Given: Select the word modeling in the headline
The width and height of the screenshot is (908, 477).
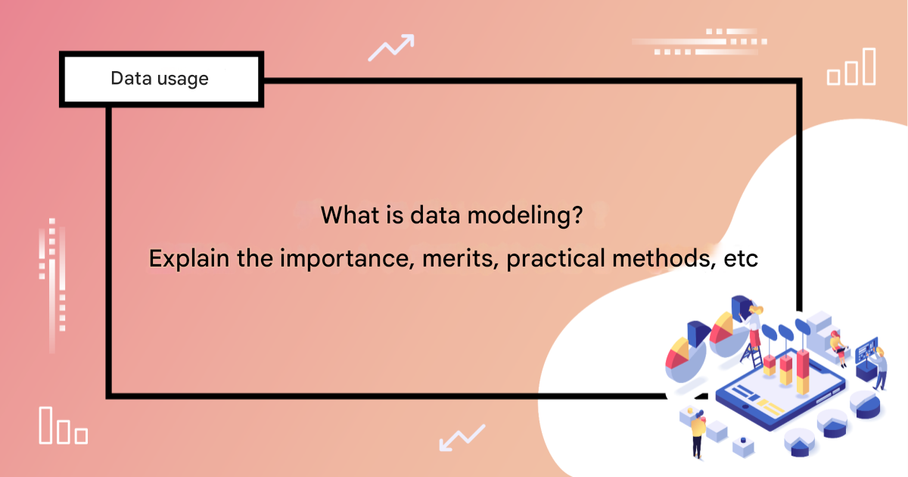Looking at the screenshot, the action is (525, 215).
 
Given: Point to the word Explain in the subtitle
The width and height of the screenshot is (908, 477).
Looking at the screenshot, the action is (189, 258).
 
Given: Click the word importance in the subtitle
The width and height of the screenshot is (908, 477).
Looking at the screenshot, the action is (347, 259).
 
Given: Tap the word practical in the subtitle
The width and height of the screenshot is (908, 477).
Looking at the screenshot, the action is (555, 259).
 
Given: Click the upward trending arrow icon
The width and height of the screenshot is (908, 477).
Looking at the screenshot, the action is (391, 48).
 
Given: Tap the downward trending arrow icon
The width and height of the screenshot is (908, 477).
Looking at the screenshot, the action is (462, 438).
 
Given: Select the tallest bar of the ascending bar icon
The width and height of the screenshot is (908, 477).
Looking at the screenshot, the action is (869, 66).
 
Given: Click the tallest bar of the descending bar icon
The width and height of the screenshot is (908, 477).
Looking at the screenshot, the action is (45, 425).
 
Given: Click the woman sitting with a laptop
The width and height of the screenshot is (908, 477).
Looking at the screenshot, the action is (839, 348).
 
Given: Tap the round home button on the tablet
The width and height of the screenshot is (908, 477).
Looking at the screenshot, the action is (745, 407).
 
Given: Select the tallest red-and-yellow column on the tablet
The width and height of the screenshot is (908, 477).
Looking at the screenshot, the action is (803, 372).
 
